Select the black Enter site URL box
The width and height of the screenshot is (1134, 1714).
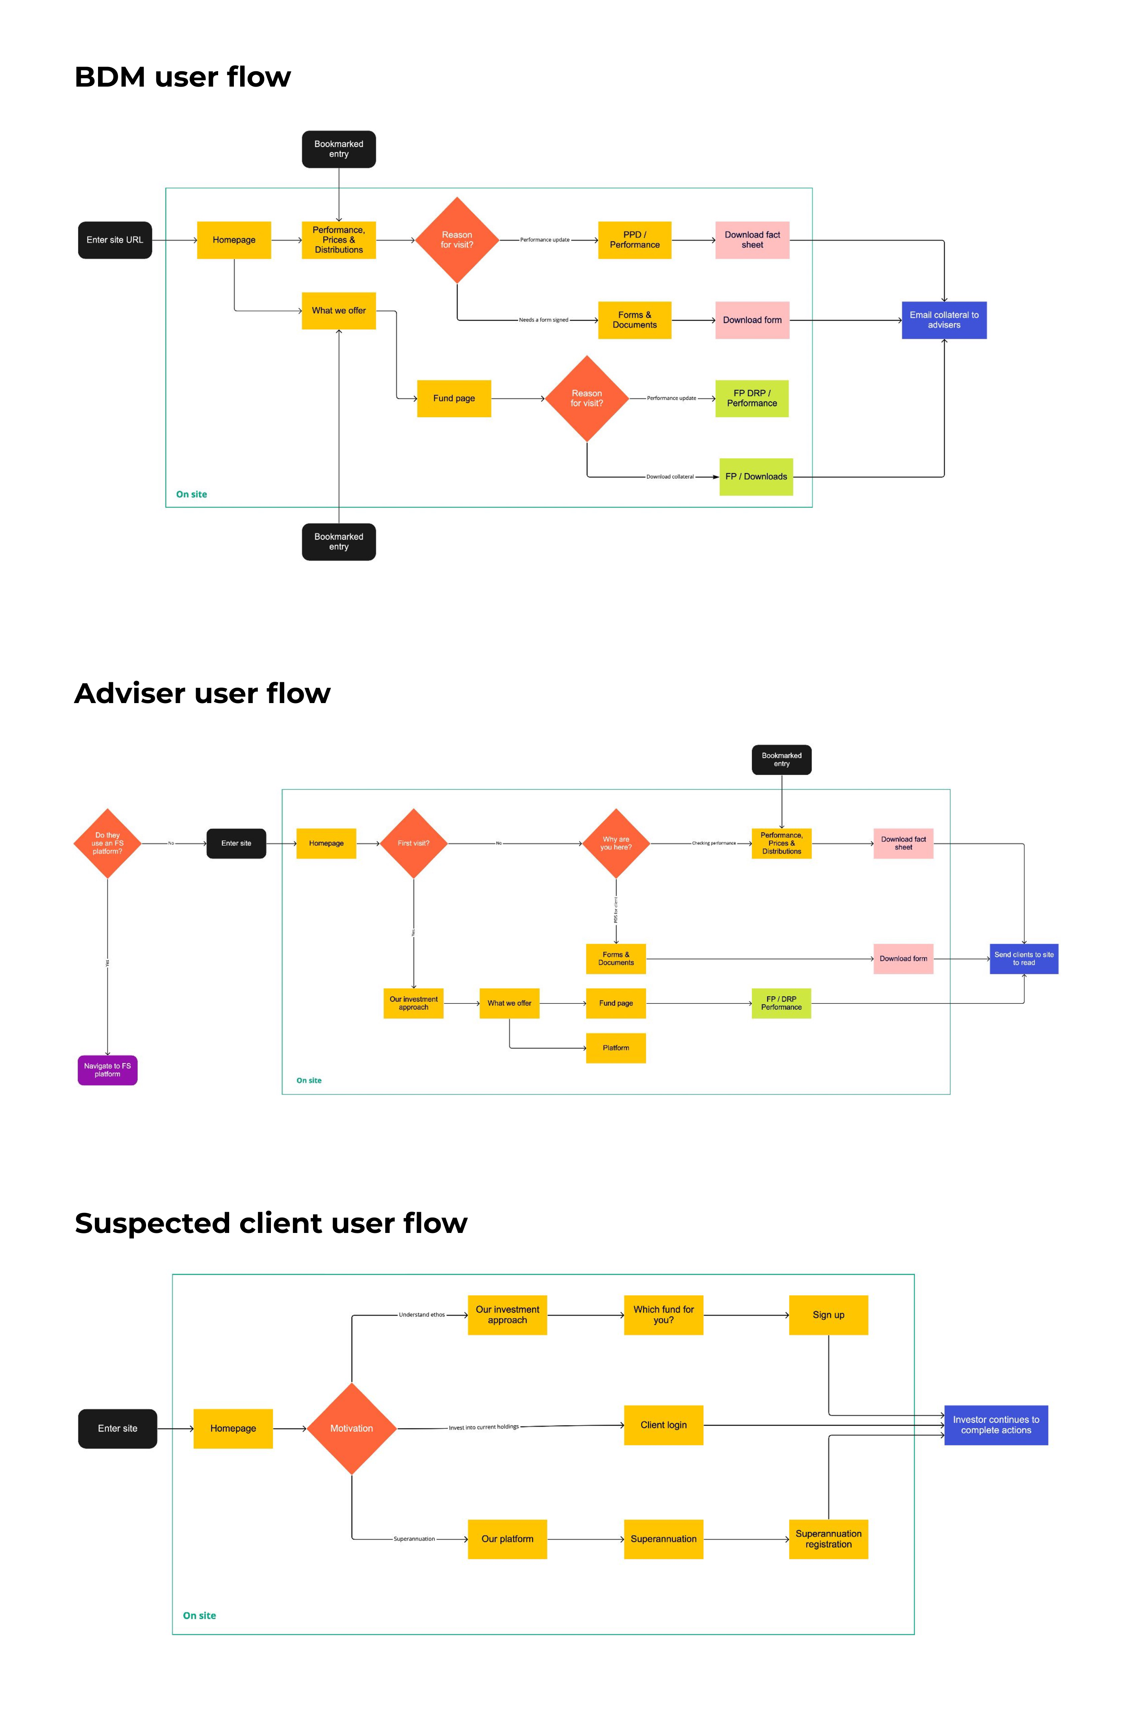coord(115,240)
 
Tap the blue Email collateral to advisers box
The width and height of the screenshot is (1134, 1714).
coord(944,320)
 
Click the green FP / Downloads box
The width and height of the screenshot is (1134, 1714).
coord(756,477)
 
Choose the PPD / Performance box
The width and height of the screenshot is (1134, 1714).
coord(634,240)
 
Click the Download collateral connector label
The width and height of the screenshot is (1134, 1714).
coord(670,477)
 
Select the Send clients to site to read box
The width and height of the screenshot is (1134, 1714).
coord(1023,959)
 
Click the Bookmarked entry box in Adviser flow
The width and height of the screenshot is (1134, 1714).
coord(781,760)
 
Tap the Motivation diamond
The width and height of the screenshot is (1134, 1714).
coord(352,1429)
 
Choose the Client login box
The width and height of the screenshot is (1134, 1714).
coord(663,1425)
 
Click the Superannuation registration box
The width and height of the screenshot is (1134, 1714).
coord(828,1539)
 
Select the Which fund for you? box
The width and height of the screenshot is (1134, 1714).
coord(663,1315)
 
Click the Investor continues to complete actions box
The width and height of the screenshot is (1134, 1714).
coord(996,1425)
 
